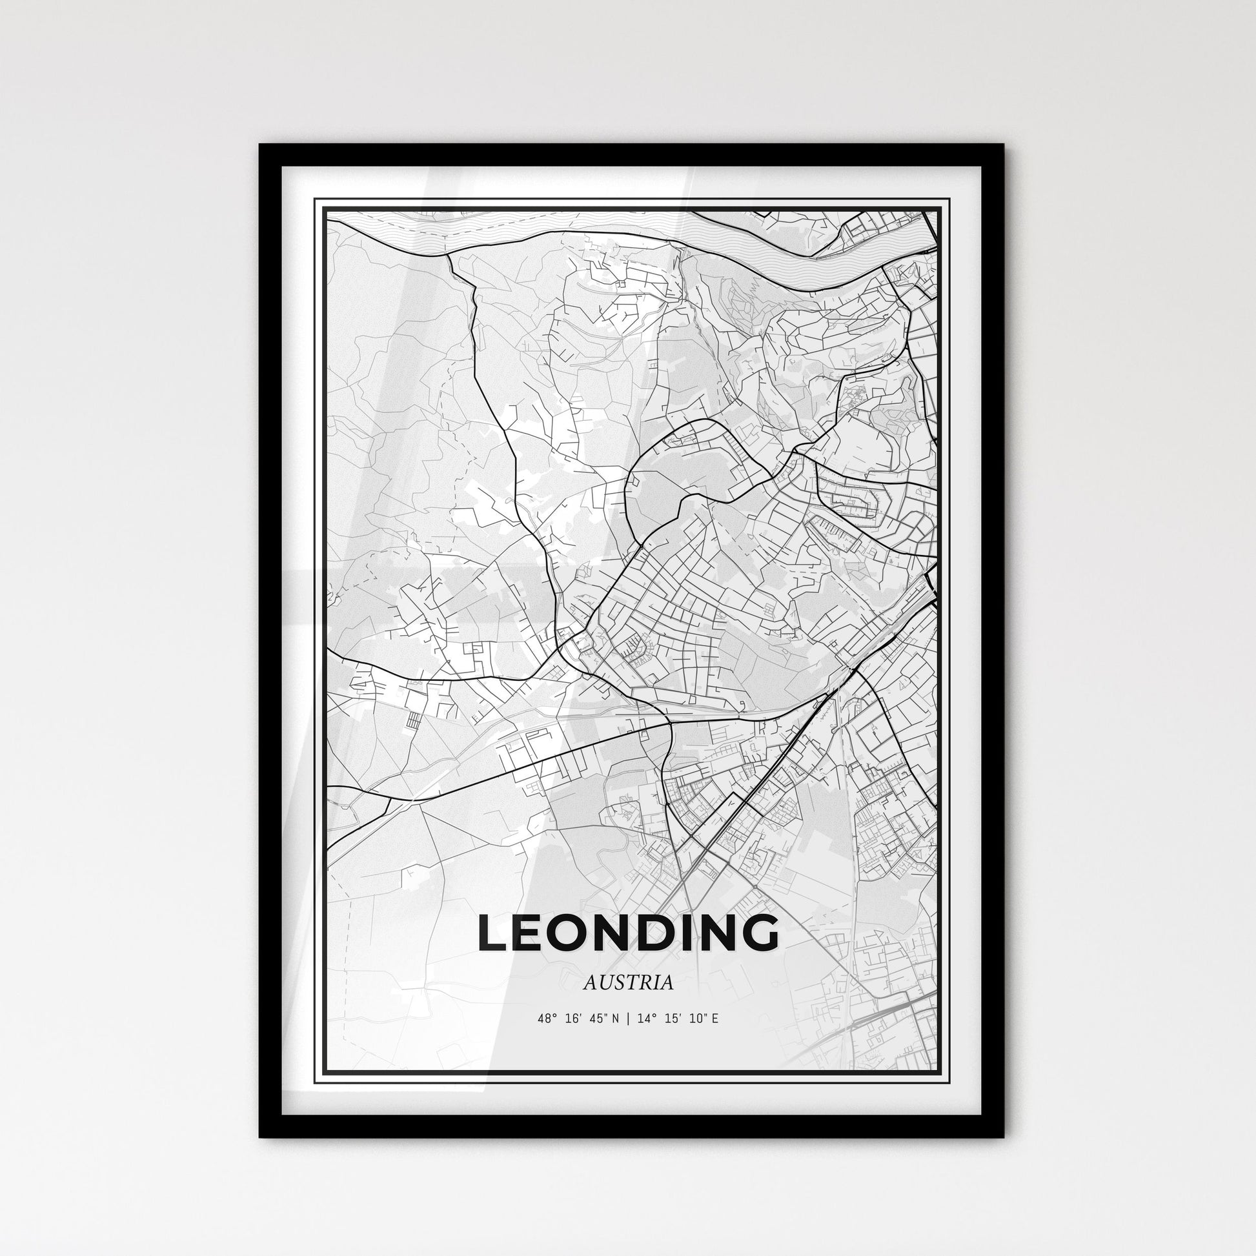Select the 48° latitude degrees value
547,1018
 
